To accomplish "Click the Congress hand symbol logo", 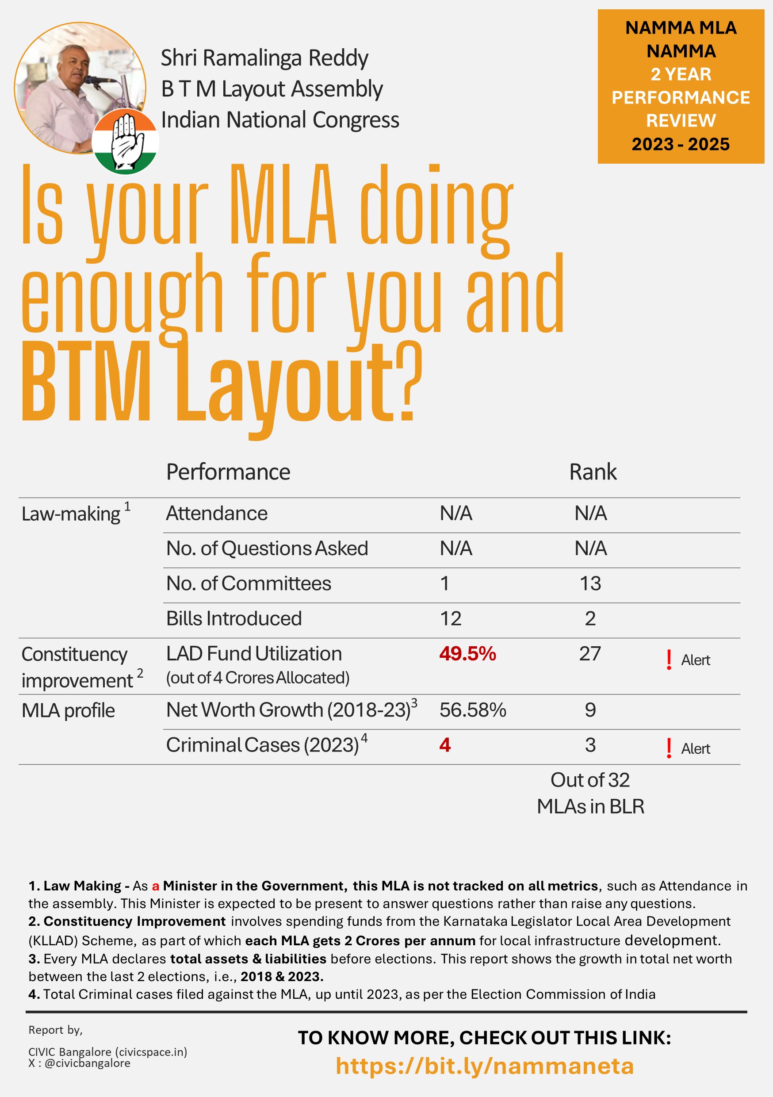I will [125, 142].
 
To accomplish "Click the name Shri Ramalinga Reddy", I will [264, 58].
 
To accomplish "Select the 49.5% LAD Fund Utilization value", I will [467, 654].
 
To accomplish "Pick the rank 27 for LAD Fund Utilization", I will [590, 654].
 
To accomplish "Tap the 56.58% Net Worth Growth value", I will [472, 710].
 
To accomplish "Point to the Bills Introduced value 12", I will [450, 619].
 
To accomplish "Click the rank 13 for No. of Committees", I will [590, 583].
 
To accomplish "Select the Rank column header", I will [593, 472].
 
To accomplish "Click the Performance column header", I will [228, 472].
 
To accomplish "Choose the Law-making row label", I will [71, 514].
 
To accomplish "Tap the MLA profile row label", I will [68, 711].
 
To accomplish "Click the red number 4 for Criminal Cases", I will [445, 745].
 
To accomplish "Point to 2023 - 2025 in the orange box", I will [680, 144].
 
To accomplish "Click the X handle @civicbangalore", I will [87, 1063].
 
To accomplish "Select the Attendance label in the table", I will [216, 514].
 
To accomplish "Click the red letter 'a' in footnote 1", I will [155, 886].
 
